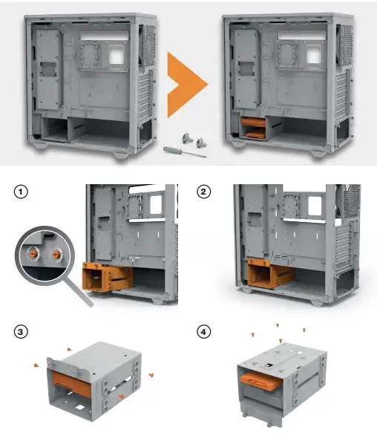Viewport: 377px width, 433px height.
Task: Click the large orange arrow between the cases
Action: (x=186, y=85)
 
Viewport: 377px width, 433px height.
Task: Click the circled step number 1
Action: (x=22, y=191)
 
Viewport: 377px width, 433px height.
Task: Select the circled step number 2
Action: (x=205, y=191)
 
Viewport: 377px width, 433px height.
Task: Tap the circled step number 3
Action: (x=22, y=331)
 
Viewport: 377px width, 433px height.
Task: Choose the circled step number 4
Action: (x=205, y=331)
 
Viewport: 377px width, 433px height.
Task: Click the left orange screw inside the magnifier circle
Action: (x=34, y=252)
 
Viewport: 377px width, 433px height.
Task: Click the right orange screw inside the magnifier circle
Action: (x=56, y=252)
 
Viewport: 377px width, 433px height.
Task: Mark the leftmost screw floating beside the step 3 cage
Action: (x=36, y=365)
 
